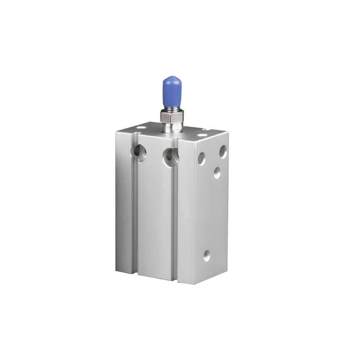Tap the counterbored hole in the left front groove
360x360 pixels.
140,153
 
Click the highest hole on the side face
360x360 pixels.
223,151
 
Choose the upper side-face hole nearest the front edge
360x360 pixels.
201,158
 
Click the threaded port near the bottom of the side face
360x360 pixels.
207,255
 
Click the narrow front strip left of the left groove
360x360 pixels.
124,202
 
